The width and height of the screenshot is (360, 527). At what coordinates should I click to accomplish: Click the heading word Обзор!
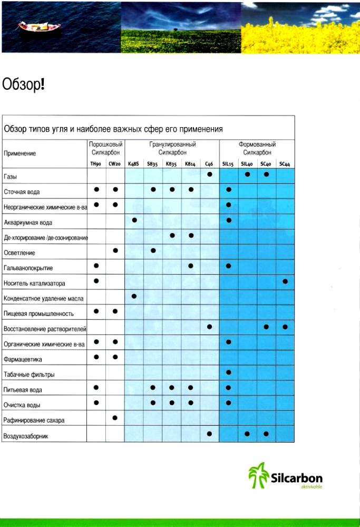click(23, 84)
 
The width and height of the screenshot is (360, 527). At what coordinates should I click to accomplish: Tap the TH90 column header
click(96, 164)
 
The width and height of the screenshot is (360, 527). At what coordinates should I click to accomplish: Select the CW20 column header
click(115, 164)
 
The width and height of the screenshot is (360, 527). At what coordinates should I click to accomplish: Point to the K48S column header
click(133, 164)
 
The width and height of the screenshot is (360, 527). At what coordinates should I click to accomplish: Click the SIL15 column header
click(228, 164)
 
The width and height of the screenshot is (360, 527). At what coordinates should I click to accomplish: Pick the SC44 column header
click(285, 164)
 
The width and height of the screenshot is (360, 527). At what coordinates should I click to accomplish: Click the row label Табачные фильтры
click(29, 375)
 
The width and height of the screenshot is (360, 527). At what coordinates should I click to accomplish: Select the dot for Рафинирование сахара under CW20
click(115, 418)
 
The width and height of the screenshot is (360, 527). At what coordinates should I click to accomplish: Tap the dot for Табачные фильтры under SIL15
click(228, 372)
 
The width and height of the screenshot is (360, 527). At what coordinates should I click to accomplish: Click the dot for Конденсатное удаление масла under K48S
click(134, 296)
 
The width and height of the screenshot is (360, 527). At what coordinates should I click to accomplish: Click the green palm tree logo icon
click(258, 475)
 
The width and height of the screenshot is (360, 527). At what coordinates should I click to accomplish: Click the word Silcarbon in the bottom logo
click(296, 478)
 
